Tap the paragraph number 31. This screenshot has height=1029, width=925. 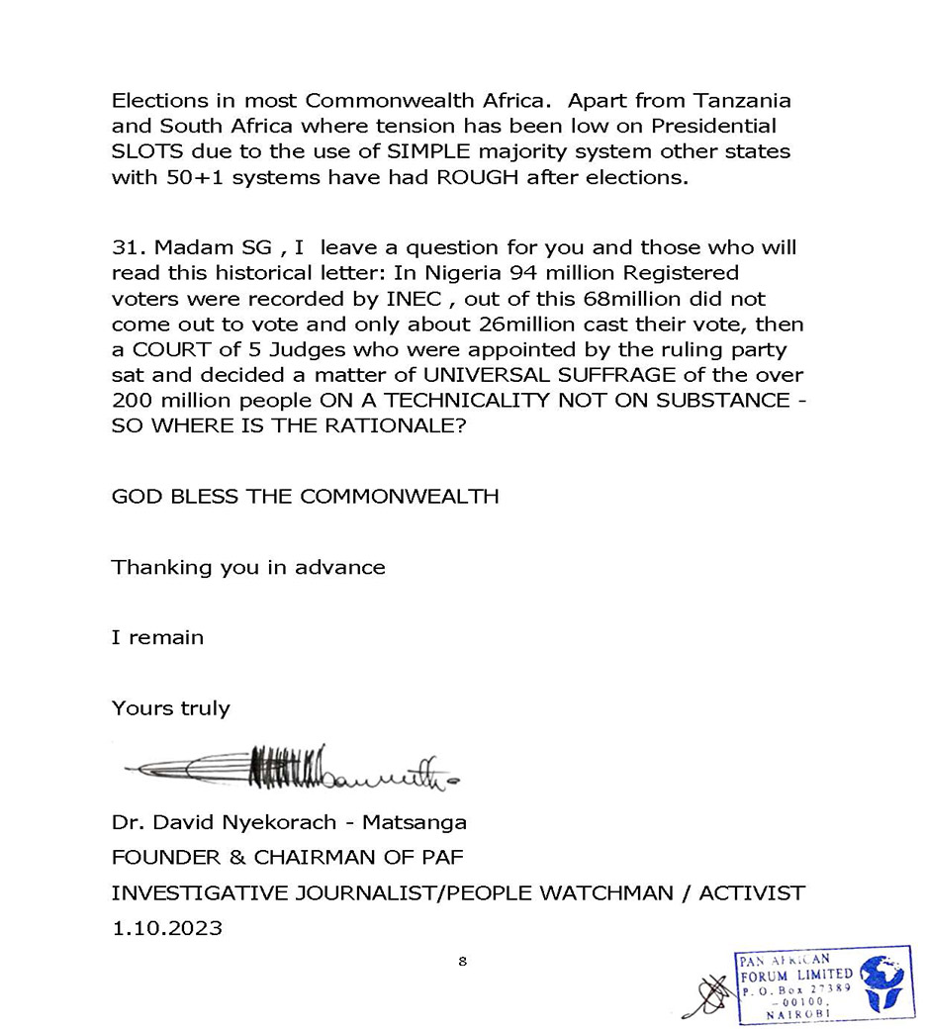click(x=128, y=246)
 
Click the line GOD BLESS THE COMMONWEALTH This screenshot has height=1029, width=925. click(x=305, y=497)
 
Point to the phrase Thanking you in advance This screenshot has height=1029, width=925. click(x=248, y=567)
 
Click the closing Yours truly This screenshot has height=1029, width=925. click(x=170, y=708)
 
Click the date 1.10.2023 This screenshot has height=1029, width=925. click(x=166, y=929)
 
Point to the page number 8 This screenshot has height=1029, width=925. click(x=462, y=961)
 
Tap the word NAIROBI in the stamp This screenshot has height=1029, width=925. click(x=795, y=1015)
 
